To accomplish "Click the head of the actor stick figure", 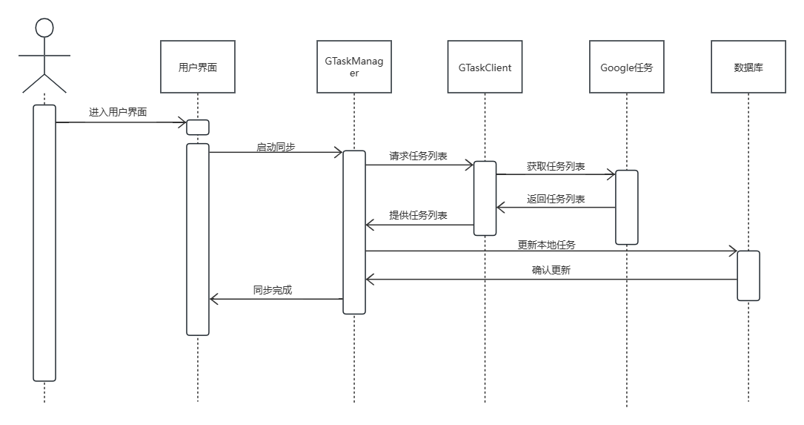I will coord(44,28).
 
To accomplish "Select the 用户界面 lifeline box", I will coord(198,67).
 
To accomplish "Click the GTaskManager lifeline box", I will coord(354,67).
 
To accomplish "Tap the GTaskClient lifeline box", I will coord(485,67).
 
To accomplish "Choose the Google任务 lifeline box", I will coord(627,67).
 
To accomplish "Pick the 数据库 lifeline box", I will coord(748,67).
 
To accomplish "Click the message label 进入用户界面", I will coord(118,113).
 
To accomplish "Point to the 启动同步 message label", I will coord(276,148).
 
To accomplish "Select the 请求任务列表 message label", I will coord(419,157).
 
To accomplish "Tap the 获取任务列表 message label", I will coord(556,165).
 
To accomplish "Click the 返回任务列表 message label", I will coord(556,199).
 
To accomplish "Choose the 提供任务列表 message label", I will coord(419,215).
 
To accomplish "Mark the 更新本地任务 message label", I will coord(546,244).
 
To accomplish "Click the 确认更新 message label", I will coord(551,271).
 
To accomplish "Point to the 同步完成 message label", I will coord(273,290).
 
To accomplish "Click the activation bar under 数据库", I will coord(748,276).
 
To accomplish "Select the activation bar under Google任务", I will coord(627,207).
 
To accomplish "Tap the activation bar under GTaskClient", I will coord(485,198).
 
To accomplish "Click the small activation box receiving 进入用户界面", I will coord(198,128).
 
